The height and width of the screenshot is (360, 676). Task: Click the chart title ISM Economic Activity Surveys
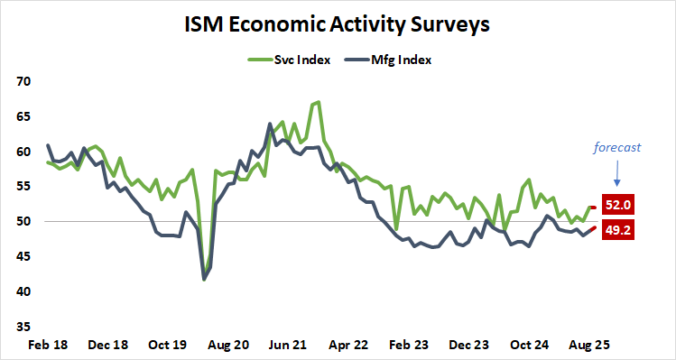[x=338, y=24]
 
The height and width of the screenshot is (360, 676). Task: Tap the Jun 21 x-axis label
[x=291, y=345]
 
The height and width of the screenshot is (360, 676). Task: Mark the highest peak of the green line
[x=319, y=102]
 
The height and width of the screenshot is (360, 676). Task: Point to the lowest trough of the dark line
[x=204, y=280]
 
